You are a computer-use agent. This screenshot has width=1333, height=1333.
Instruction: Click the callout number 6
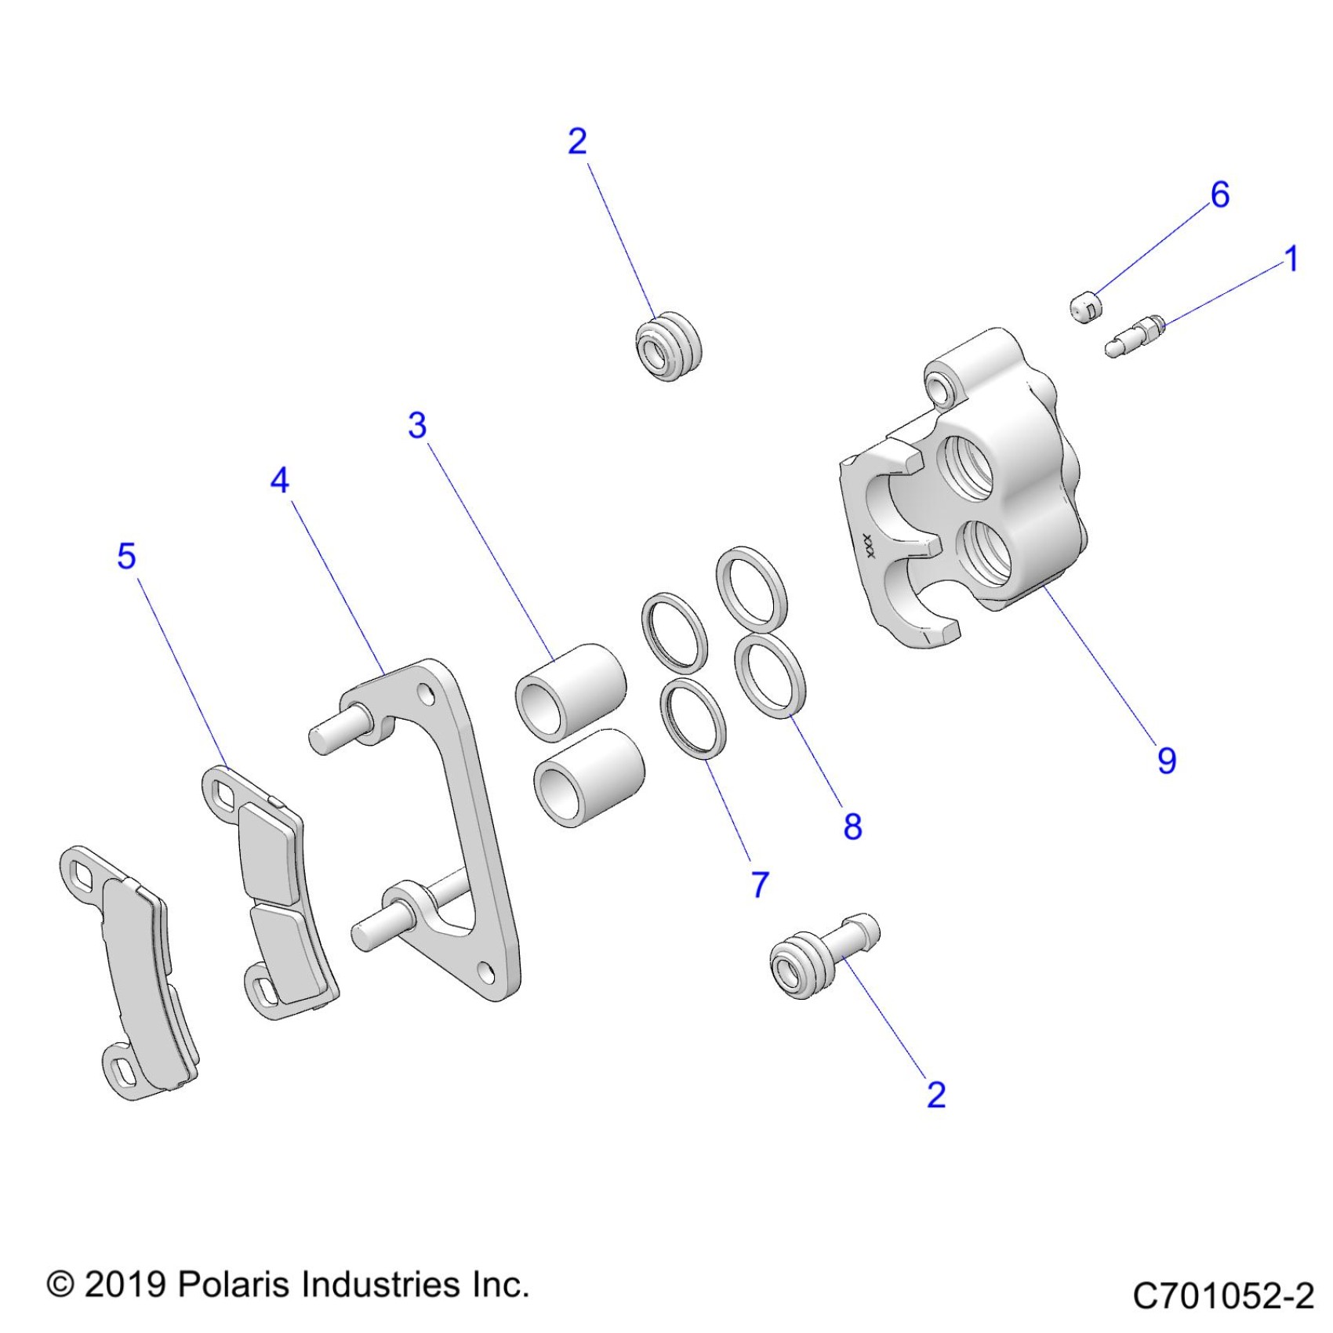(1219, 194)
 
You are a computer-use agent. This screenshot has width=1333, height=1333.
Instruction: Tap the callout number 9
(1167, 761)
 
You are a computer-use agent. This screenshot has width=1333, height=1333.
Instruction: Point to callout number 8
(853, 826)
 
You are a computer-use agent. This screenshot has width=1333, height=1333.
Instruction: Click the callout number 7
(760, 884)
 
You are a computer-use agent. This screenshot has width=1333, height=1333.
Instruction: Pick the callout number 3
(417, 425)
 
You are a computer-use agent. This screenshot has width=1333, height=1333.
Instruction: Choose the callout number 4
(280, 480)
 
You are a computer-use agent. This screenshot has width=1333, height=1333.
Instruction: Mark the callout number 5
(126, 556)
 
